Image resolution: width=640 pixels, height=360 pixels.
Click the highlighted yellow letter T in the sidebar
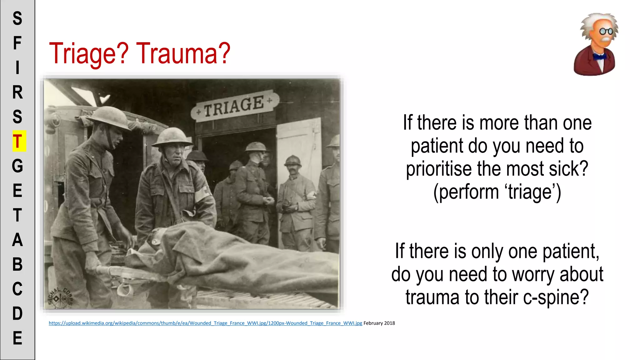18,141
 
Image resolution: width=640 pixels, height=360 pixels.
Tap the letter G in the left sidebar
18,166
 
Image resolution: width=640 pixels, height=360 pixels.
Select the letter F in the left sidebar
17,43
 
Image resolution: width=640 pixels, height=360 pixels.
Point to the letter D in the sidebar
17,313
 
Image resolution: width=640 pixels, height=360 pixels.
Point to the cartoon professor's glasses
606,31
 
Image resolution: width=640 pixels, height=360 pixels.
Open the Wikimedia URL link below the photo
205,323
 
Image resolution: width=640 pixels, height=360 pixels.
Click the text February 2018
379,323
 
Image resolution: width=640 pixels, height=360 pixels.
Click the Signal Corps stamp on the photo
60,297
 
